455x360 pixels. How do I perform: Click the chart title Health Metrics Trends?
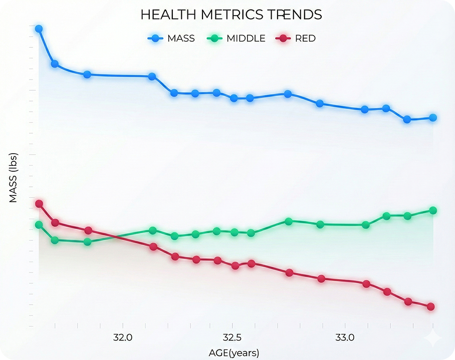231,15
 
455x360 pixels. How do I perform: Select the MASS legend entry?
172,38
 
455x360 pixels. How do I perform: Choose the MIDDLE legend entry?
238,38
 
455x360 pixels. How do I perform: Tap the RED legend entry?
298,38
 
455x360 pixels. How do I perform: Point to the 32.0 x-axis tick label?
123,336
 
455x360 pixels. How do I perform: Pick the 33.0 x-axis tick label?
344,336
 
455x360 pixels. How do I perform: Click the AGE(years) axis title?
234,352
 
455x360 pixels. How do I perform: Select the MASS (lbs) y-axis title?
14,177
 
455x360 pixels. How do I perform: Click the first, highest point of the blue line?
39,29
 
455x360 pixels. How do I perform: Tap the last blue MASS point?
433,118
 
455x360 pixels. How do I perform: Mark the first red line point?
39,204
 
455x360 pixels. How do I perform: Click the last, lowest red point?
430,306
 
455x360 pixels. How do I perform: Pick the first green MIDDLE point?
39,225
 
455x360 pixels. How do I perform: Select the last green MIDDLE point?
433,210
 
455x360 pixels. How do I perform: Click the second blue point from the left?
55,64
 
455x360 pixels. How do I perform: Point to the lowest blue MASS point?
407,120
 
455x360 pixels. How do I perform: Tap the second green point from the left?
55,240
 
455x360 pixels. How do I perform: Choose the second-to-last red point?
408,301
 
